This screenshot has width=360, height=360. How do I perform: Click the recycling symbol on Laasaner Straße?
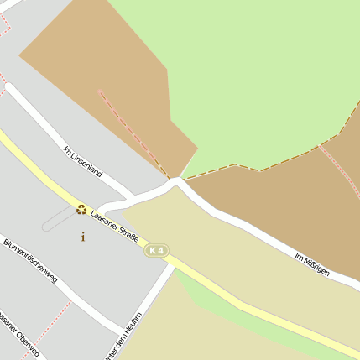(81, 210)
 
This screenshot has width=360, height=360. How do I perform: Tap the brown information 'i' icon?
(82, 237)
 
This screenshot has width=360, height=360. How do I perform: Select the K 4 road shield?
(156, 250)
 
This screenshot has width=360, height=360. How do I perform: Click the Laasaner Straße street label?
(115, 222)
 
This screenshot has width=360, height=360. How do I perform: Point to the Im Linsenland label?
(83, 161)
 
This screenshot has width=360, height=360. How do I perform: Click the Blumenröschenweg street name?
(30, 260)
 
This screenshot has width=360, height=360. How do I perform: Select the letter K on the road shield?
(152, 250)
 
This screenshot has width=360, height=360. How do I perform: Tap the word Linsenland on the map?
(87, 164)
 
